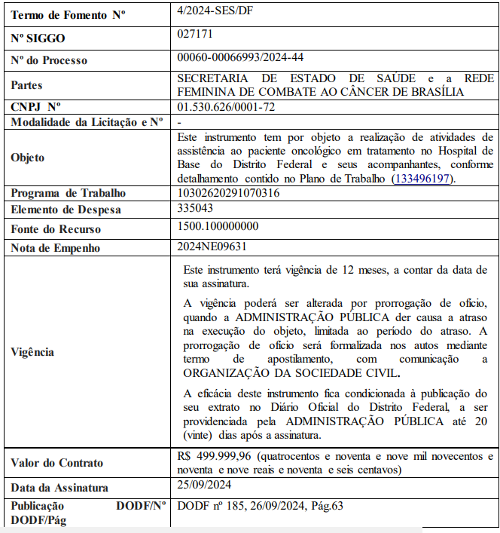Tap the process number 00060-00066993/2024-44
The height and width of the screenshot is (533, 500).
240,57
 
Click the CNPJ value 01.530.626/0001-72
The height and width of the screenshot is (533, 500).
226,107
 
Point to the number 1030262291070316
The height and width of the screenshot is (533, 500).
228,193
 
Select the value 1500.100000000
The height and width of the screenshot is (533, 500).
218,226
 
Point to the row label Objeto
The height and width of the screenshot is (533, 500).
28,158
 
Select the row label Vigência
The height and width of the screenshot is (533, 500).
33,352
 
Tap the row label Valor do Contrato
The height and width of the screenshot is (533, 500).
57,462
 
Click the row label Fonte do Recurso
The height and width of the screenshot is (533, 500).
56,229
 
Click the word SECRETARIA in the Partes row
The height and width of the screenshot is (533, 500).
215,78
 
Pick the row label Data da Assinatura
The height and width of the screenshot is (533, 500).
59,488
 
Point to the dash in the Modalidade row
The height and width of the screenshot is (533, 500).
179,121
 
